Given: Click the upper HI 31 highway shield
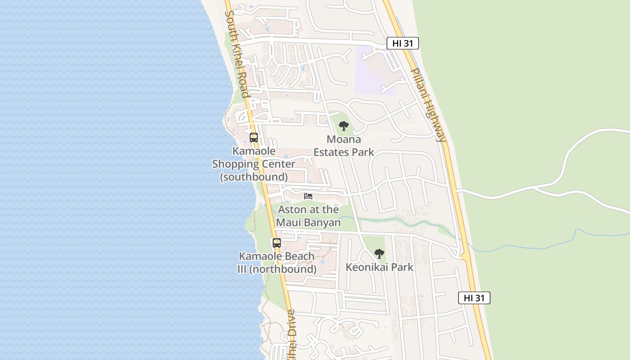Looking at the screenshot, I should click(x=403, y=43).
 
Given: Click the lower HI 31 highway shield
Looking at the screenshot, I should click(x=474, y=298).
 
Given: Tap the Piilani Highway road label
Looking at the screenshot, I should click(x=428, y=105).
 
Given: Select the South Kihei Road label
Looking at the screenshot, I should click(x=237, y=54).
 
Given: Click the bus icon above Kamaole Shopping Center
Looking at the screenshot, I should click(x=254, y=138).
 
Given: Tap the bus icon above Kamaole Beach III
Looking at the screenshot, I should click(x=277, y=243).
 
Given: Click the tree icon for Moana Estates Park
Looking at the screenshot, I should click(x=344, y=126).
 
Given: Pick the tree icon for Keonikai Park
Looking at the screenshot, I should click(x=379, y=254).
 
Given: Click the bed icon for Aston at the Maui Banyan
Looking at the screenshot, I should click(x=308, y=196).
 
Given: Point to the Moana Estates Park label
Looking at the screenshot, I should click(x=344, y=146).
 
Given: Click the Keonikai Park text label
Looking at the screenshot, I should click(x=379, y=267).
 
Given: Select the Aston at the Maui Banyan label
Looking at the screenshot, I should click(x=308, y=216).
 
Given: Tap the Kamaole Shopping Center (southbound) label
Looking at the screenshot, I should click(x=254, y=164).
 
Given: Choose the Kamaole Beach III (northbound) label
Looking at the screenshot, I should click(x=277, y=263).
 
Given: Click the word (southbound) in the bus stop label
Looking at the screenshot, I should click(x=254, y=177).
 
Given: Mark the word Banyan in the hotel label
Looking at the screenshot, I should click(x=322, y=223).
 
